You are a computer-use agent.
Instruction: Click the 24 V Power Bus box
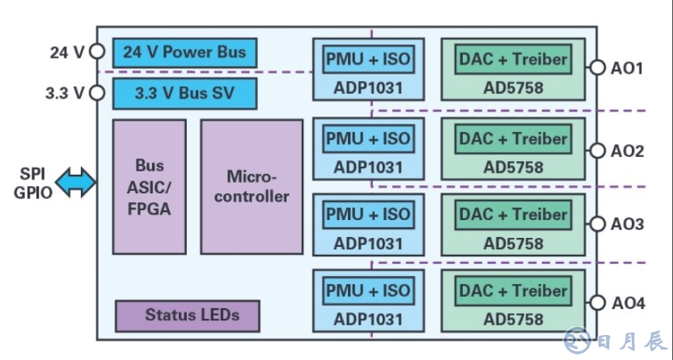185,53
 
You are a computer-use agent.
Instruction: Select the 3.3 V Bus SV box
185,92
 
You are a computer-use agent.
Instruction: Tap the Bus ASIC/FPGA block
150,187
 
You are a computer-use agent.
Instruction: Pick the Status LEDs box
188,316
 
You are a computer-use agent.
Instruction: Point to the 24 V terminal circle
97,53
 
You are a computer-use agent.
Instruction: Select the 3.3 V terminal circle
97,92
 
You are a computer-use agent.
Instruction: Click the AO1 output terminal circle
598,68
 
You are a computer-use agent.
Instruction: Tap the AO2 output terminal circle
598,150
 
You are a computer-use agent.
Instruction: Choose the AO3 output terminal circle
598,224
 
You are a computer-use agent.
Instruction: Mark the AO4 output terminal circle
598,303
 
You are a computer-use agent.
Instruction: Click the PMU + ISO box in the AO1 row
368,58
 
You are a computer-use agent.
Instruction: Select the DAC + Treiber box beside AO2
513,139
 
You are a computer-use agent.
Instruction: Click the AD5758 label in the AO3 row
513,243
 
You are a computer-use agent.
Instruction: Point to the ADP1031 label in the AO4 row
368,318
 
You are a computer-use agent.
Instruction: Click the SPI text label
32,174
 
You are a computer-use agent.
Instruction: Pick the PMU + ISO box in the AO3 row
368,215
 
